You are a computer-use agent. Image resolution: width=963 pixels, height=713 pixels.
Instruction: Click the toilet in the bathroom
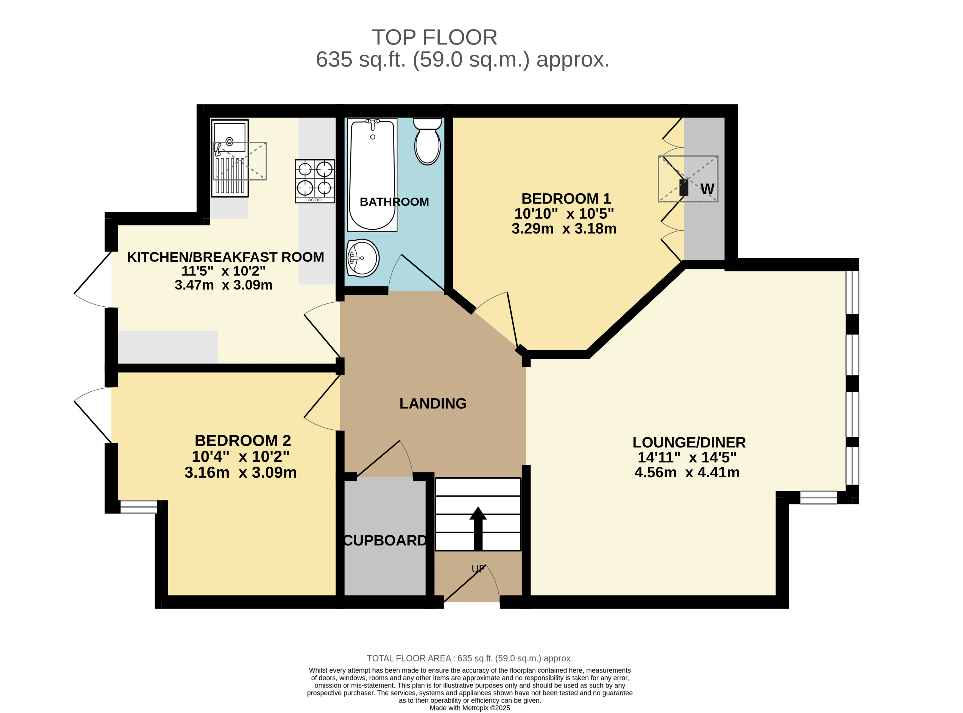click(x=427, y=141)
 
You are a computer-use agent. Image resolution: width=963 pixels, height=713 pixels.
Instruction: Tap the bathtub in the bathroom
click(x=372, y=175)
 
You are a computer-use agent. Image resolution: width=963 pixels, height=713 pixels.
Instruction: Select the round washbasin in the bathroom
click(x=362, y=258)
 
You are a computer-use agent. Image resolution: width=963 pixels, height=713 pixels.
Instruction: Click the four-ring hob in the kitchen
click(x=315, y=181)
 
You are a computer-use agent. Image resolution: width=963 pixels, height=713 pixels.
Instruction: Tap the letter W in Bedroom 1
click(x=707, y=189)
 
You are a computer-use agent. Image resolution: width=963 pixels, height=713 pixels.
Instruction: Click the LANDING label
click(x=433, y=403)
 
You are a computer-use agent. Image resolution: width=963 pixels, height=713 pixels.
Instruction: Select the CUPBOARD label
click(x=385, y=540)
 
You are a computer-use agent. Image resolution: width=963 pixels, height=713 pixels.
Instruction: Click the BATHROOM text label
click(x=394, y=202)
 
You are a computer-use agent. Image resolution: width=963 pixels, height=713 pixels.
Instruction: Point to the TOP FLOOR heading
click(x=434, y=38)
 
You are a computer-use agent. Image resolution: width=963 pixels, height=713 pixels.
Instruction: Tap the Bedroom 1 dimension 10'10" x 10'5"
click(x=564, y=214)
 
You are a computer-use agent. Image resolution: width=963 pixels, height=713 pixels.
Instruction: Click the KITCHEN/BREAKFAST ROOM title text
click(x=225, y=257)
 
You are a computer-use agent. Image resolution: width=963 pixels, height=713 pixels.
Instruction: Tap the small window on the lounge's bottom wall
click(x=819, y=498)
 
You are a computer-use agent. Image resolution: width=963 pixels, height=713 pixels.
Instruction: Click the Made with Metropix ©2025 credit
click(x=470, y=708)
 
